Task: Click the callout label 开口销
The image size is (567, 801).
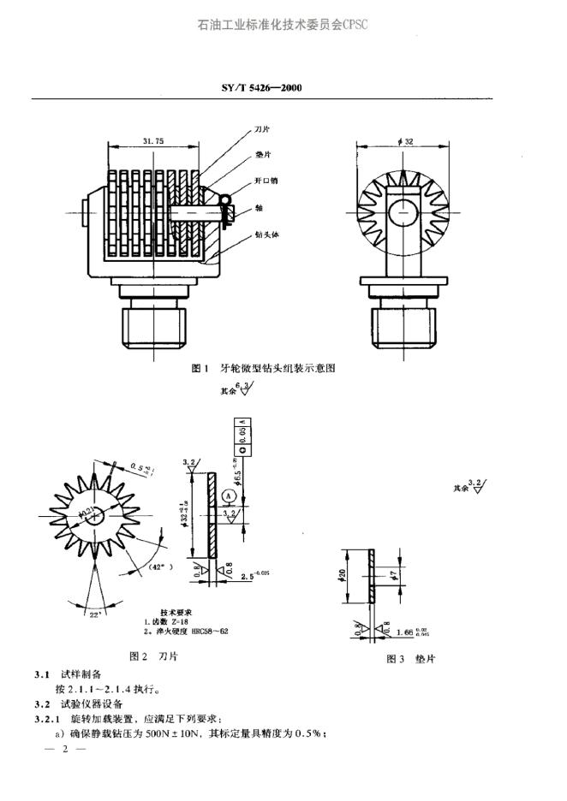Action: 266,181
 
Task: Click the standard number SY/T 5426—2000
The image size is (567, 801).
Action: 263,88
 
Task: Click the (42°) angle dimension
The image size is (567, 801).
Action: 159,567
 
